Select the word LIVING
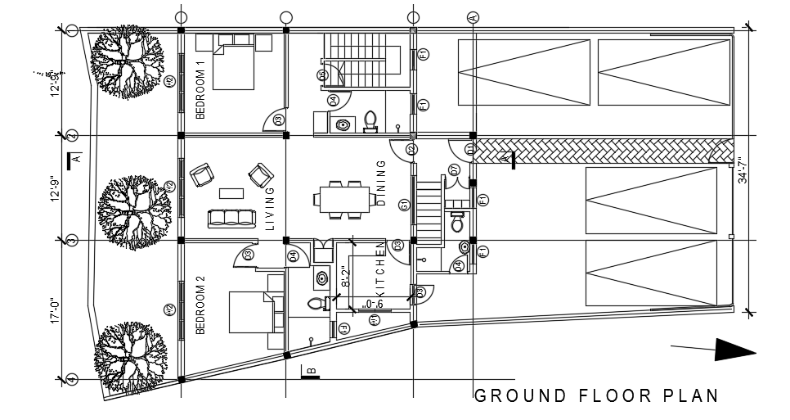[270, 208]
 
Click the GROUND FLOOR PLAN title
[597, 396]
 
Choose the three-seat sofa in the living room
[231, 219]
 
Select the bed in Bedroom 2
[252, 312]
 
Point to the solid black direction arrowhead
[734, 350]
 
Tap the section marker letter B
[311, 372]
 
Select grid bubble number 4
[72, 379]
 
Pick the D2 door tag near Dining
[411, 149]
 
